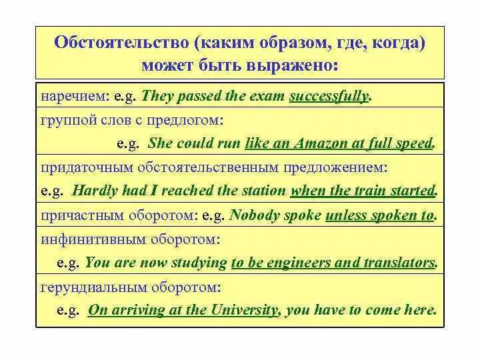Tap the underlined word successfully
coord(329,96)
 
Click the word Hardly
coord(94,190)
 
